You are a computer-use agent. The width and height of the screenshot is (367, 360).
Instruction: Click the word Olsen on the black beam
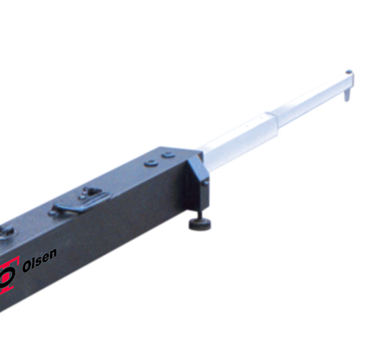(x=40, y=260)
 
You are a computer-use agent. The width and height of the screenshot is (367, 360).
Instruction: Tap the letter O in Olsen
(x=26, y=267)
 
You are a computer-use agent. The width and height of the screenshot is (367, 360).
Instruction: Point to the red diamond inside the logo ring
(x=5, y=276)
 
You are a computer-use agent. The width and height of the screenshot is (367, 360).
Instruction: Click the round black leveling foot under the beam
(x=200, y=224)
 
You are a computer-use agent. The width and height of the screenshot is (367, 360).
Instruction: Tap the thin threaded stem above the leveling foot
(x=200, y=214)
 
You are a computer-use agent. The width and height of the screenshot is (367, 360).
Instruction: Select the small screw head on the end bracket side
(x=206, y=182)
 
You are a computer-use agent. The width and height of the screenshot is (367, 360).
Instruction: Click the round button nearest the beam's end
(x=169, y=155)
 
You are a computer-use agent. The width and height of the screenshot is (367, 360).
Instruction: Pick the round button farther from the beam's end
(x=150, y=163)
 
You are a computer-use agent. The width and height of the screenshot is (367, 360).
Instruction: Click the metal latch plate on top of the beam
(x=81, y=201)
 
